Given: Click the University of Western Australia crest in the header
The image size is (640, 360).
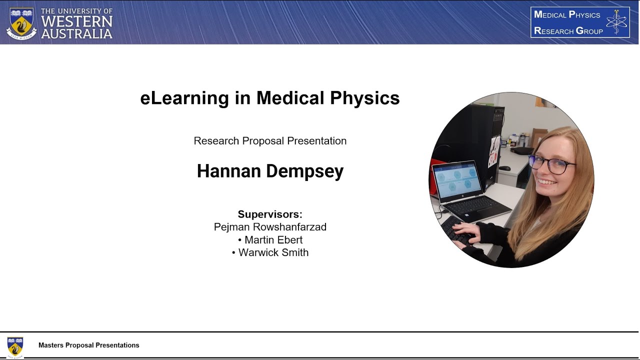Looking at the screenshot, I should point(21,23).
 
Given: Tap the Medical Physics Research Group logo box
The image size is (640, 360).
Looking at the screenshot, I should point(580,22).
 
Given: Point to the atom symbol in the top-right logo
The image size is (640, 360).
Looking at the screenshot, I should point(616,22).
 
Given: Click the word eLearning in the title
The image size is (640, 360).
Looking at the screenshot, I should point(184,98).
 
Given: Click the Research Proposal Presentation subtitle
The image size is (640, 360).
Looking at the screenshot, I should point(270,141).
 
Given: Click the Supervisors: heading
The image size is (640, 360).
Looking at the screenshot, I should point(270,214).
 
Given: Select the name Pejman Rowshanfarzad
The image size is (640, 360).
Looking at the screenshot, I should point(270,227).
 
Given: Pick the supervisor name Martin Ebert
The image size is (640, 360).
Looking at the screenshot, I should point(273,240).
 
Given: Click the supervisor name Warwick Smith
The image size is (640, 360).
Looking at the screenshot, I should point(273,253).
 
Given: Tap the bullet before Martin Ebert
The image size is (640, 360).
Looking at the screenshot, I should point(240,240).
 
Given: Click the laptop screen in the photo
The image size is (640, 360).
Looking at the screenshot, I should point(456,180).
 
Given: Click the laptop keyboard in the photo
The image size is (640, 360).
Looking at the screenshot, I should point(475,204).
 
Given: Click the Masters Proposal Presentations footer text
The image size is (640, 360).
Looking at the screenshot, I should point(89,345).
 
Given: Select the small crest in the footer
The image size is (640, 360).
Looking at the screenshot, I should point(15,346).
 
